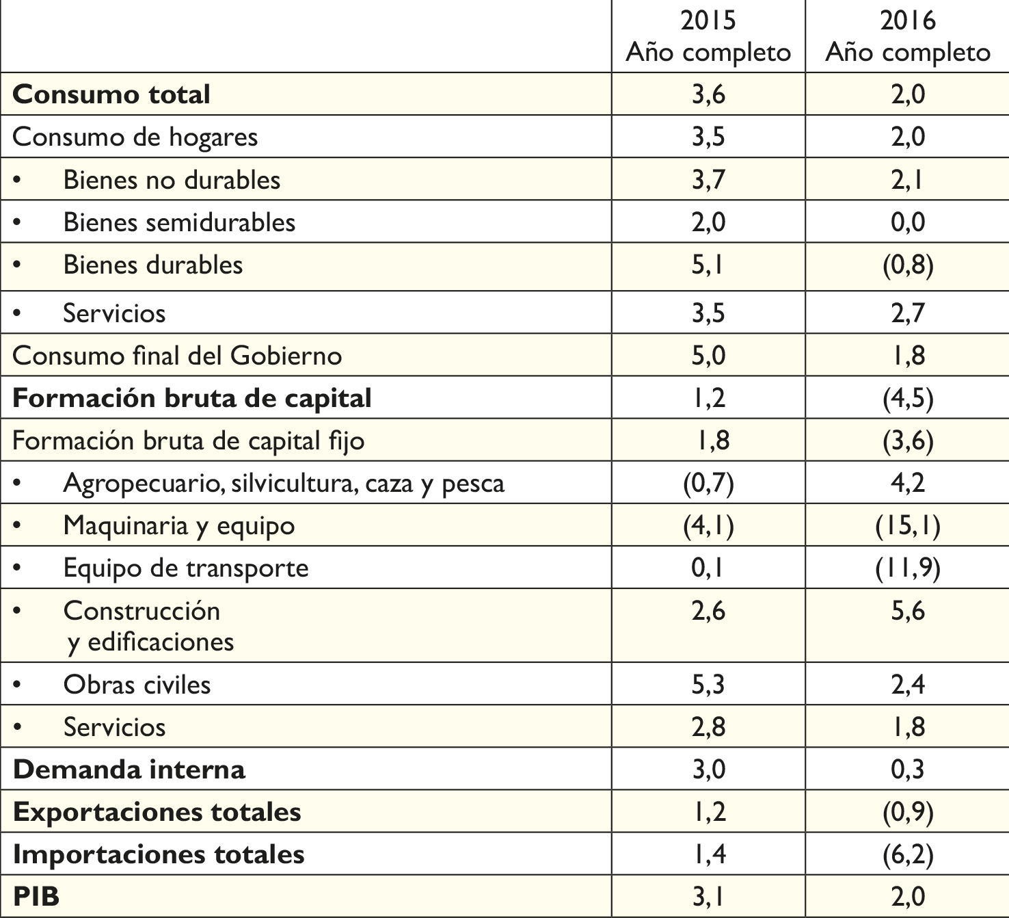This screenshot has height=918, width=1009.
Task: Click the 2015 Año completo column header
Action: click(708, 37)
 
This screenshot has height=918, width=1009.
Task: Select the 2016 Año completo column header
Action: click(908, 37)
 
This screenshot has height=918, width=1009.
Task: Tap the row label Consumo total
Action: click(111, 94)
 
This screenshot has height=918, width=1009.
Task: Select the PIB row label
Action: click(36, 896)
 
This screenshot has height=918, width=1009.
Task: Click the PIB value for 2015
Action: click(708, 897)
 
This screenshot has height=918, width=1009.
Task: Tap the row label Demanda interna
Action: click(129, 770)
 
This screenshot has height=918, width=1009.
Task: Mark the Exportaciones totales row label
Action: click(157, 812)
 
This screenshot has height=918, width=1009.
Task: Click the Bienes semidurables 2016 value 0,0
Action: click(908, 222)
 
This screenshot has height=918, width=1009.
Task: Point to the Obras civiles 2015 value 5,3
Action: click(708, 684)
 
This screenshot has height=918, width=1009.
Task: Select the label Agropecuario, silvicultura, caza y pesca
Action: click(284, 484)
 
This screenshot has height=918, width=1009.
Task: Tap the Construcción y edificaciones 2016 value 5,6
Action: click(908, 611)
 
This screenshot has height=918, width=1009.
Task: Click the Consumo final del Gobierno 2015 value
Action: click(708, 356)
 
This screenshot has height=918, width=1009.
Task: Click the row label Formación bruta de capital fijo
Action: click(188, 441)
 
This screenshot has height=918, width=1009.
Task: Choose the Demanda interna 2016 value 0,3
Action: click(908, 770)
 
